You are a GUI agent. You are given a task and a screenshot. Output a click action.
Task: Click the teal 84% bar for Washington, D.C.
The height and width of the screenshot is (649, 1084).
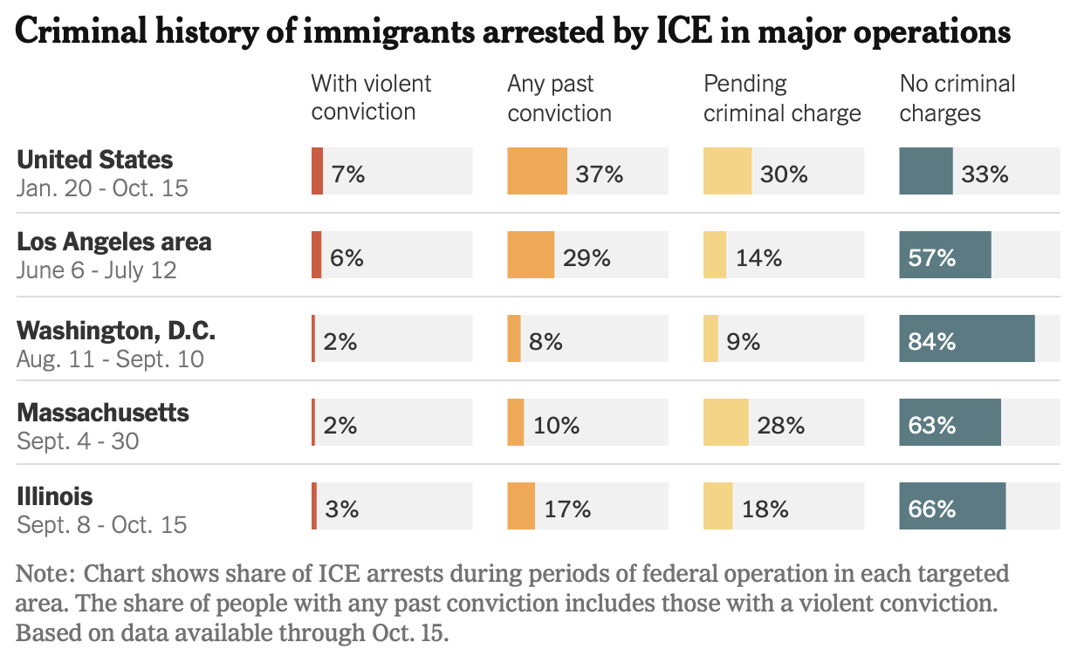966,339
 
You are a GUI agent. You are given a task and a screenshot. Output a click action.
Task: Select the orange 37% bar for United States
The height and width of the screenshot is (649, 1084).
537,171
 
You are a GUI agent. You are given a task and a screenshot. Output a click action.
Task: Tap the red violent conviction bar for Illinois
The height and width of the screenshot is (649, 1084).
314,506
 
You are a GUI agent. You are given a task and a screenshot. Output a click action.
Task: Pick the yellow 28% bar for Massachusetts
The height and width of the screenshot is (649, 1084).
725,422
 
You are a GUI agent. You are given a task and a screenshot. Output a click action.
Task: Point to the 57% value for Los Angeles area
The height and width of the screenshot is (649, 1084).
932,257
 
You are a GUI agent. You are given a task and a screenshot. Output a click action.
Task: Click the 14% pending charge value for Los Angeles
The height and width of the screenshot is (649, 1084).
758,257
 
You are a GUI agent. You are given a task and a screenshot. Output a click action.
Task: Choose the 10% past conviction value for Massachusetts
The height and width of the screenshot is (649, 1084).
557,425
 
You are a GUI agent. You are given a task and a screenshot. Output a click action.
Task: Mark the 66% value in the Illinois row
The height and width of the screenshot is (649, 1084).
932,509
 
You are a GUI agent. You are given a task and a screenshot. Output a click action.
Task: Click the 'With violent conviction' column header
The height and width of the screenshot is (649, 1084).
371,98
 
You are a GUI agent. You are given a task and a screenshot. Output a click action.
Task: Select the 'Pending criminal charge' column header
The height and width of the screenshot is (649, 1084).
782,98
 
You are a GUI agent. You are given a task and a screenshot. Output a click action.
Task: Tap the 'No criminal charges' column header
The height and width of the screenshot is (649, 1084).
957,98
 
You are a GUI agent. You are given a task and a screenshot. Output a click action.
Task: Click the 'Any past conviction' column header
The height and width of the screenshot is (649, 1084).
559,98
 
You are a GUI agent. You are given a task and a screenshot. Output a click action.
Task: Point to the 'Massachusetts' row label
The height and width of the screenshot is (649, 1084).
103,412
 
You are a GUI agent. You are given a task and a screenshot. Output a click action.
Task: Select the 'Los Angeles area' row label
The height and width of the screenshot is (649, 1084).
114,241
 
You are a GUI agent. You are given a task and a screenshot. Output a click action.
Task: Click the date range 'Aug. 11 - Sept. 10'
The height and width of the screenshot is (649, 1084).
110,359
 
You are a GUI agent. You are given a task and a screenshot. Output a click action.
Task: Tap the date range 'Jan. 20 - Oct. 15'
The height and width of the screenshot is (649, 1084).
102,188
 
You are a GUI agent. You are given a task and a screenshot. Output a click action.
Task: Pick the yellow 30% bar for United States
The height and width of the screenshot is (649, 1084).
727,171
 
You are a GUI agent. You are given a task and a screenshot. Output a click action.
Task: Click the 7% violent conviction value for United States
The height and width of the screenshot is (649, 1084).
347,174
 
